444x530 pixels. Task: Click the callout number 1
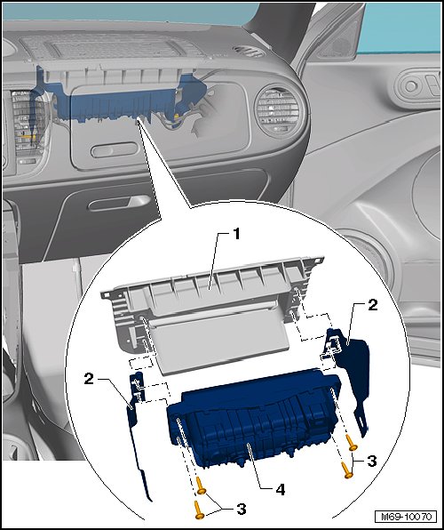tap(236, 234)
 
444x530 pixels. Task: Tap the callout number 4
tap(281, 489)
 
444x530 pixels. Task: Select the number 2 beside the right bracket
tap(372, 305)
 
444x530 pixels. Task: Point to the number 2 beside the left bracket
tap(89, 379)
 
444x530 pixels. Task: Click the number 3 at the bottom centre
tap(241, 509)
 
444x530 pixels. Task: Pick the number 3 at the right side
tap(372, 461)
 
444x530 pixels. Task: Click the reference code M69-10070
tap(406, 517)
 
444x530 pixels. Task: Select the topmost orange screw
tap(351, 443)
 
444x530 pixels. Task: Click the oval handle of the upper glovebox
tap(115, 149)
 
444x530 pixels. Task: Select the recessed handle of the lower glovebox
tap(118, 203)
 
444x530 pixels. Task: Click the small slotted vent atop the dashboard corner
tap(250, 52)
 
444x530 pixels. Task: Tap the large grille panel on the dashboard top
tap(111, 45)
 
